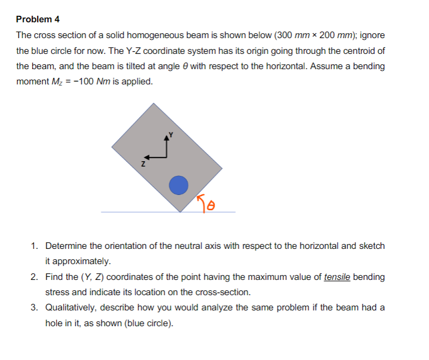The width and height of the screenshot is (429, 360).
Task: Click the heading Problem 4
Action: (x=38, y=19)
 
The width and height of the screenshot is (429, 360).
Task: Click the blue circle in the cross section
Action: (x=178, y=186)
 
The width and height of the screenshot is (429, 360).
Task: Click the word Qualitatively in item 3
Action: (x=70, y=308)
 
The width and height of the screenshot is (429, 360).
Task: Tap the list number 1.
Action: (x=34, y=246)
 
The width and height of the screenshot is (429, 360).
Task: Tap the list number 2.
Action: (x=34, y=277)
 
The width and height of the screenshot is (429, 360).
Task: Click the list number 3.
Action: (x=34, y=308)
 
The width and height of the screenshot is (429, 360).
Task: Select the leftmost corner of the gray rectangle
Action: (x=112, y=146)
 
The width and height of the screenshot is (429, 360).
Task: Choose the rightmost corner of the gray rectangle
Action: (x=222, y=168)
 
